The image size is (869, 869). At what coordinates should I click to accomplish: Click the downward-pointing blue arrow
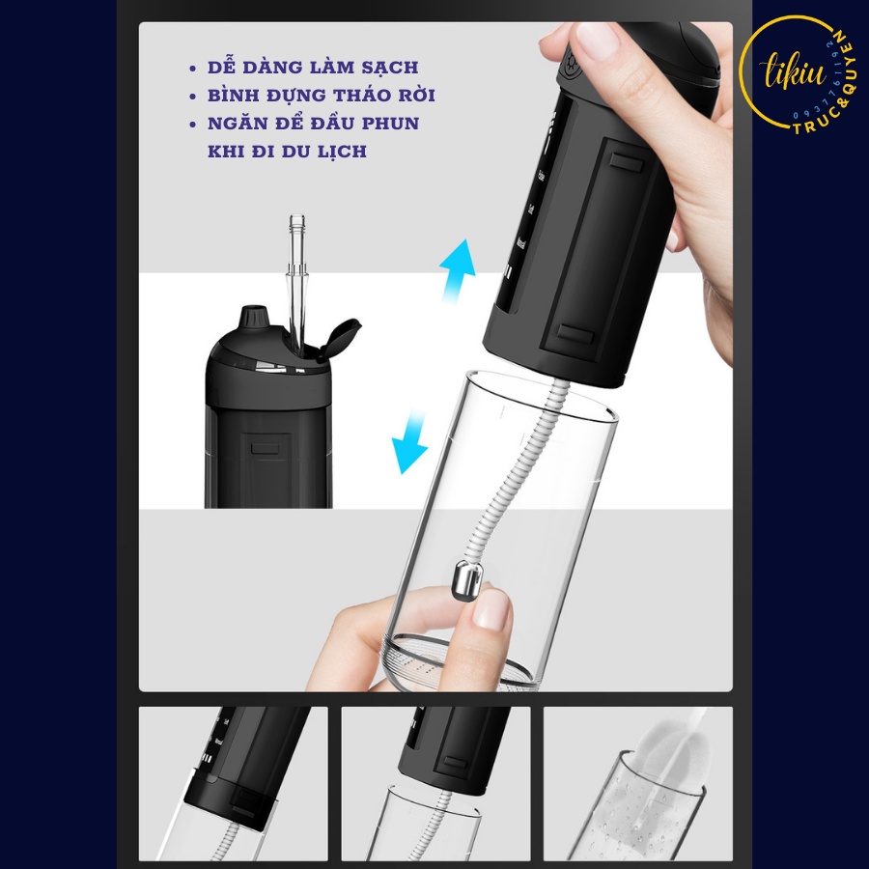(409, 440)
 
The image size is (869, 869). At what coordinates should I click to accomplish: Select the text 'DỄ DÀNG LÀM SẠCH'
(314, 68)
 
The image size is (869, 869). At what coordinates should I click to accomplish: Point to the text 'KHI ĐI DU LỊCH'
(287, 152)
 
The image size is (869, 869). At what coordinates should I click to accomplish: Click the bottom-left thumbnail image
(233, 783)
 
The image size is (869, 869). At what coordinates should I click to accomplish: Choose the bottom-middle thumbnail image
(435, 783)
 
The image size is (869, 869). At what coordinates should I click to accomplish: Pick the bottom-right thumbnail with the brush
(637, 783)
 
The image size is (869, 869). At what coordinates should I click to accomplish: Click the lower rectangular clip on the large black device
(575, 335)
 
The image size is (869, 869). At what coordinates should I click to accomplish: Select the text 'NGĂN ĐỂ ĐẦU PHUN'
(314, 124)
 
